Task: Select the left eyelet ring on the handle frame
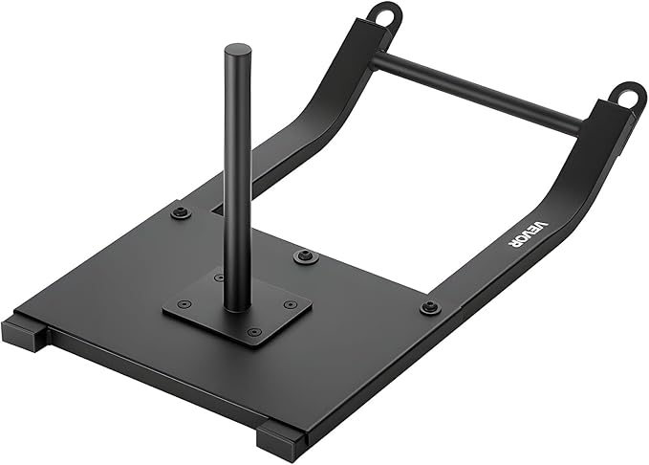[385, 16]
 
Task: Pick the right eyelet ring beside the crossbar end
[627, 97]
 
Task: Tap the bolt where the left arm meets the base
[180, 212]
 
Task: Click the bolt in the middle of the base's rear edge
[306, 256]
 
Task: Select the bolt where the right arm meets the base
[429, 307]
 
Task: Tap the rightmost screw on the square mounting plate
[290, 305]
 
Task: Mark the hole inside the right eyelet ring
[628, 96]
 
